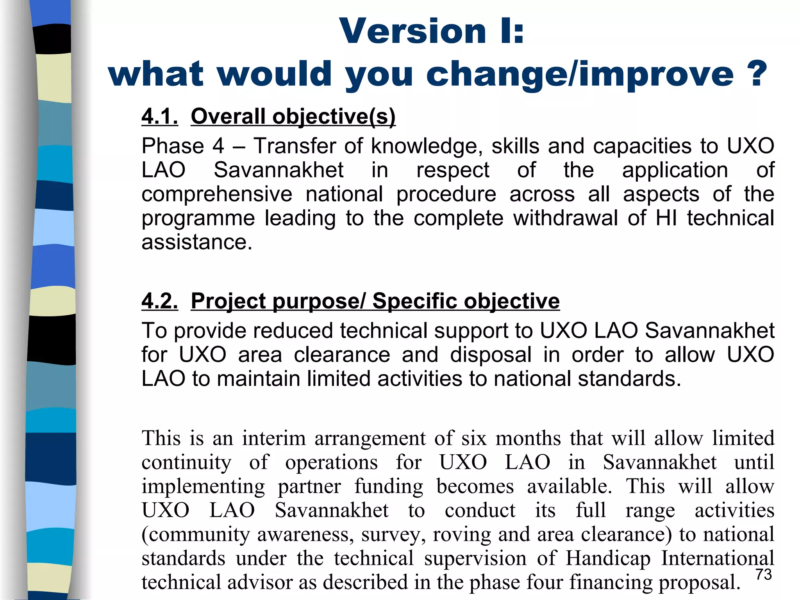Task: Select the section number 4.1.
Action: [160, 116]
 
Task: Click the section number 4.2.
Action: [160, 301]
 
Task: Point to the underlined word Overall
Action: [228, 116]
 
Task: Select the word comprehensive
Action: [217, 194]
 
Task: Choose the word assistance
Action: [197, 242]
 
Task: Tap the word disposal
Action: [491, 355]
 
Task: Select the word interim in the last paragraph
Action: [274, 438]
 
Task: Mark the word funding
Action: [389, 486]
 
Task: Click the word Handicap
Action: [608, 558]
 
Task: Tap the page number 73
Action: [764, 575]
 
